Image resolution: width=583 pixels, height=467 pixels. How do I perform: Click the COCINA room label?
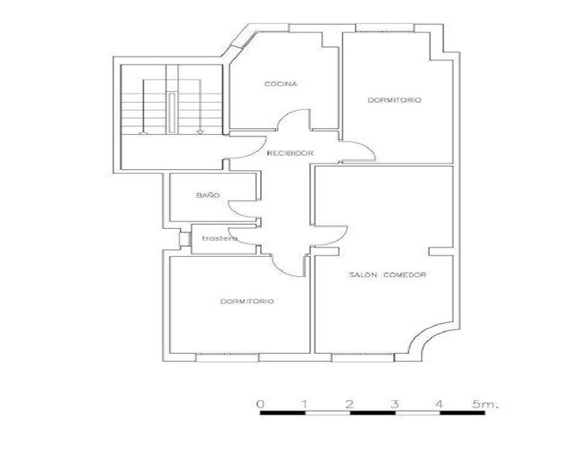click(281, 84)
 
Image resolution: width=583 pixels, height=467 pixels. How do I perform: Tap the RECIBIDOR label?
click(290, 153)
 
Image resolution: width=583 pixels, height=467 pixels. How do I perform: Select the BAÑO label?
click(208, 195)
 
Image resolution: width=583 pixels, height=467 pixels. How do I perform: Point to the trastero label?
click(219, 238)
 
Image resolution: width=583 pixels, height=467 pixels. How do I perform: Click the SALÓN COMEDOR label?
click(388, 275)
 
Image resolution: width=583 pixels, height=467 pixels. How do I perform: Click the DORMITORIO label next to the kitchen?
click(395, 100)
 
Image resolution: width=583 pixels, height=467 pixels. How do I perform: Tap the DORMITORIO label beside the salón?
click(247, 301)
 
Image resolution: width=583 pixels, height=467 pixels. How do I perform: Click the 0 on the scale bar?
click(261, 404)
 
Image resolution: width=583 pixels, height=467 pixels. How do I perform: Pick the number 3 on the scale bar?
click(395, 404)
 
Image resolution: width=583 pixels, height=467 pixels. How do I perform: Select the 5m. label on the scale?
click(485, 404)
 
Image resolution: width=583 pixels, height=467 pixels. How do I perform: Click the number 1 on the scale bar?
click(305, 404)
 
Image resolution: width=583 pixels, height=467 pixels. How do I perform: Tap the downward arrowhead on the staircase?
click(200, 132)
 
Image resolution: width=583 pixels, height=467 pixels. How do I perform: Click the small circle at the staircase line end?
click(143, 133)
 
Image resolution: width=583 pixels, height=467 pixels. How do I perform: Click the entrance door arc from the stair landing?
click(257, 154)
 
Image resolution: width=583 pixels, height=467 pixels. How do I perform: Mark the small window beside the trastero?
click(185, 239)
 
